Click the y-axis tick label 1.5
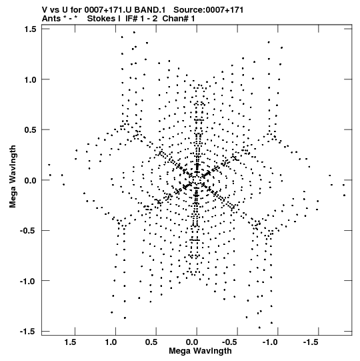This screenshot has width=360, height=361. click(x=31, y=29)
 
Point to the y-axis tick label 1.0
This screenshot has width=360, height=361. click(x=31, y=79)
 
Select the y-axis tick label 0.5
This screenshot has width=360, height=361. click(x=31, y=130)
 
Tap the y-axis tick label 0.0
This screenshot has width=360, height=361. click(x=31, y=180)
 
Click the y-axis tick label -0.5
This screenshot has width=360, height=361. click(x=29, y=231)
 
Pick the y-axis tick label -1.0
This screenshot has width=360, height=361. click(x=29, y=281)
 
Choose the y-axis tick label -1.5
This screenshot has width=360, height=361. click(x=29, y=332)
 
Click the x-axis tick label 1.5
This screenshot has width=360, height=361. click(x=71, y=342)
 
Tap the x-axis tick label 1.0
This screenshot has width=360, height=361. click(x=111, y=342)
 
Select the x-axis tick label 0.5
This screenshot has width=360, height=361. click(x=151, y=342)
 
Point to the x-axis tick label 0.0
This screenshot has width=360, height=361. click(x=192, y=342)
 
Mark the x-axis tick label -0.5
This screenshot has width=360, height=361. click(x=231, y=342)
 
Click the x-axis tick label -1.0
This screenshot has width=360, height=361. click(x=271, y=342)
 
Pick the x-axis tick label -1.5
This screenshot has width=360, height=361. click(x=312, y=342)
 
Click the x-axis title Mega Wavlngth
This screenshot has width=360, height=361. click(x=201, y=351)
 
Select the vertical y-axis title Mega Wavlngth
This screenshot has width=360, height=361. click(x=13, y=177)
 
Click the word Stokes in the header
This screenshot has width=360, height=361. click(x=101, y=19)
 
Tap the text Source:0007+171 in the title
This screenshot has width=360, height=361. click(x=209, y=10)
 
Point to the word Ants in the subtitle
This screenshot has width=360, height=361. click(x=51, y=19)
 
